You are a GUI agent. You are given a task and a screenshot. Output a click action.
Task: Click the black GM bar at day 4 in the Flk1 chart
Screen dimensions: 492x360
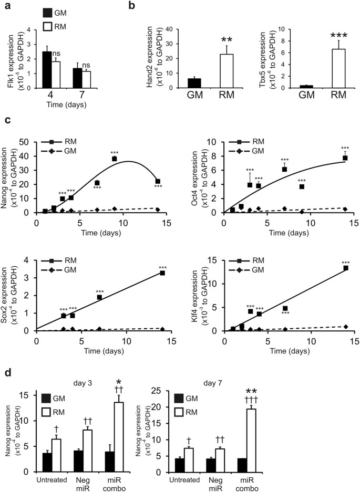point(47,68)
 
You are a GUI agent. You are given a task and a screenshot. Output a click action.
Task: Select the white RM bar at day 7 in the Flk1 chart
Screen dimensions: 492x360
point(86,79)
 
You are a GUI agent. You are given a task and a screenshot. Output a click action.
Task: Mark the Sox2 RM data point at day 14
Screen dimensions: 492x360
point(162,273)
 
